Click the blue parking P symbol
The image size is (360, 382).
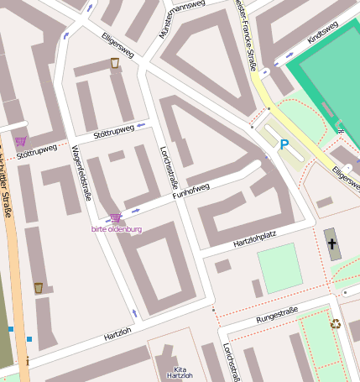pos(284,144)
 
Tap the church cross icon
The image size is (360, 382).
pos(331,245)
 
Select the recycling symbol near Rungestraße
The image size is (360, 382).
pos(336,323)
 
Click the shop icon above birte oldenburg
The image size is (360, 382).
pos(116,218)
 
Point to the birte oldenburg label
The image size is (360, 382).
pos(117,228)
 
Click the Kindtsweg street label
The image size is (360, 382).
pos(322,34)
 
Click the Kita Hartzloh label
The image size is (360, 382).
pos(180,372)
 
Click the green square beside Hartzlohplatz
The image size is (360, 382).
pos(279,268)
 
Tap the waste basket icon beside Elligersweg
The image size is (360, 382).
pos(115,63)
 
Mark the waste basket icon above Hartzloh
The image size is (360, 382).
pos(39,288)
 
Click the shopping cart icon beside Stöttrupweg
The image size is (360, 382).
pos(20,141)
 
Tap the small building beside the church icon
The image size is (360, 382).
pos(324,202)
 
